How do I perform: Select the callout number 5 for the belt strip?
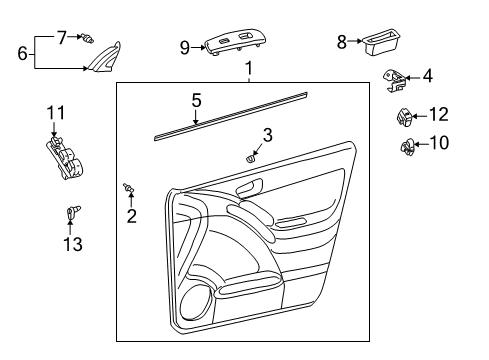coord(197,100)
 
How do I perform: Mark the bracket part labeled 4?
coord(396,77)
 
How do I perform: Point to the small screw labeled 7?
coord(91,39)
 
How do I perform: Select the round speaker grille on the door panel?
coord(196,299)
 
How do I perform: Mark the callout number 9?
coord(184,46)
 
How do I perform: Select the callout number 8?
coord(341,43)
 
